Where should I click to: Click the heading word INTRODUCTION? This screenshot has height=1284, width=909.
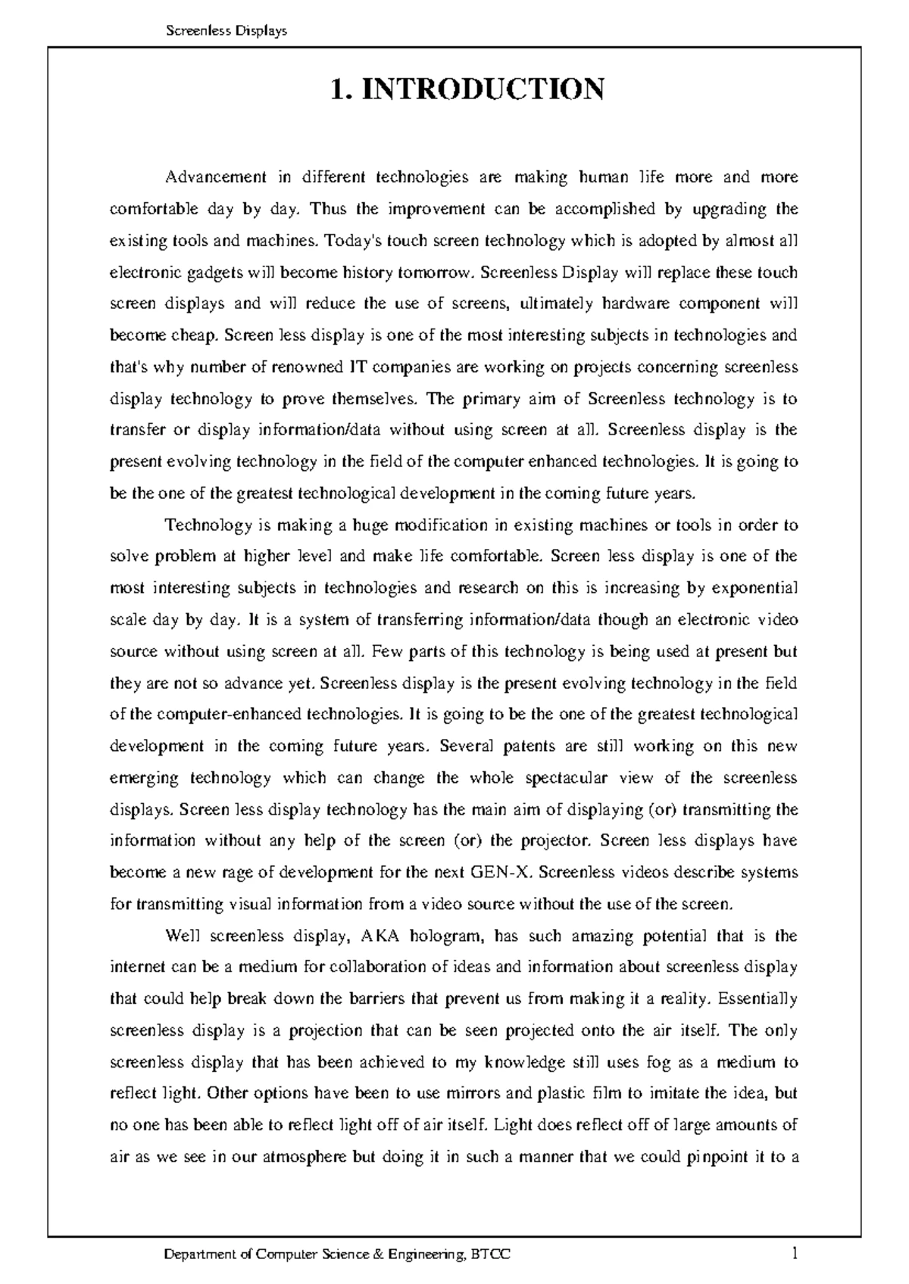482,89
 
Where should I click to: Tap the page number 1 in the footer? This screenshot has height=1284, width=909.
794,1254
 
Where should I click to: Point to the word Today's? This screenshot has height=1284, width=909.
352,241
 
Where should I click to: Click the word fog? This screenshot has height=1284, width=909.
657,1062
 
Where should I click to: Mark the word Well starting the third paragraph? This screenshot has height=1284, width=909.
183,936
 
